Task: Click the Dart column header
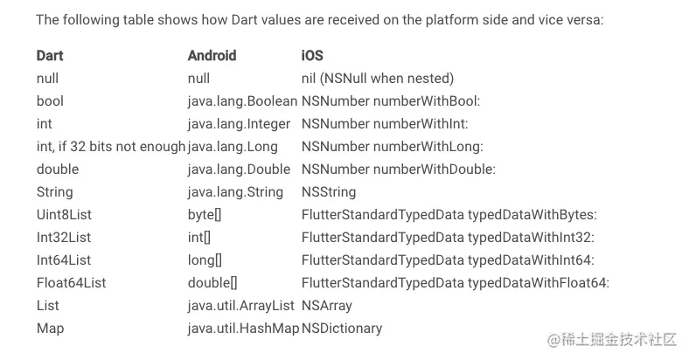[x=50, y=55]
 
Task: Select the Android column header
[x=212, y=55]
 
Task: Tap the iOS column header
[x=312, y=55]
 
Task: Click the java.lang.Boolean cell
[x=242, y=100]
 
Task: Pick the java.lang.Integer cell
[x=239, y=123]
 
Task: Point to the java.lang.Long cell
[x=232, y=146]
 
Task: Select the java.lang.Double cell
[x=238, y=169]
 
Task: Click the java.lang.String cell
[x=235, y=191]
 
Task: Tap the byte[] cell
[x=205, y=214]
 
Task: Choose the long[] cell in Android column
[x=205, y=260]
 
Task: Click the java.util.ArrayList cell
[x=242, y=306]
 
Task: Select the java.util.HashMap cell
[x=242, y=329]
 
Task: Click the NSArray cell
[x=327, y=306]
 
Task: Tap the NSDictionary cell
[x=342, y=329]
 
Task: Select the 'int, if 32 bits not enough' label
[x=111, y=146]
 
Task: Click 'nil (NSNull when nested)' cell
[x=377, y=78]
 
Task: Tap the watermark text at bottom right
[x=611, y=338]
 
